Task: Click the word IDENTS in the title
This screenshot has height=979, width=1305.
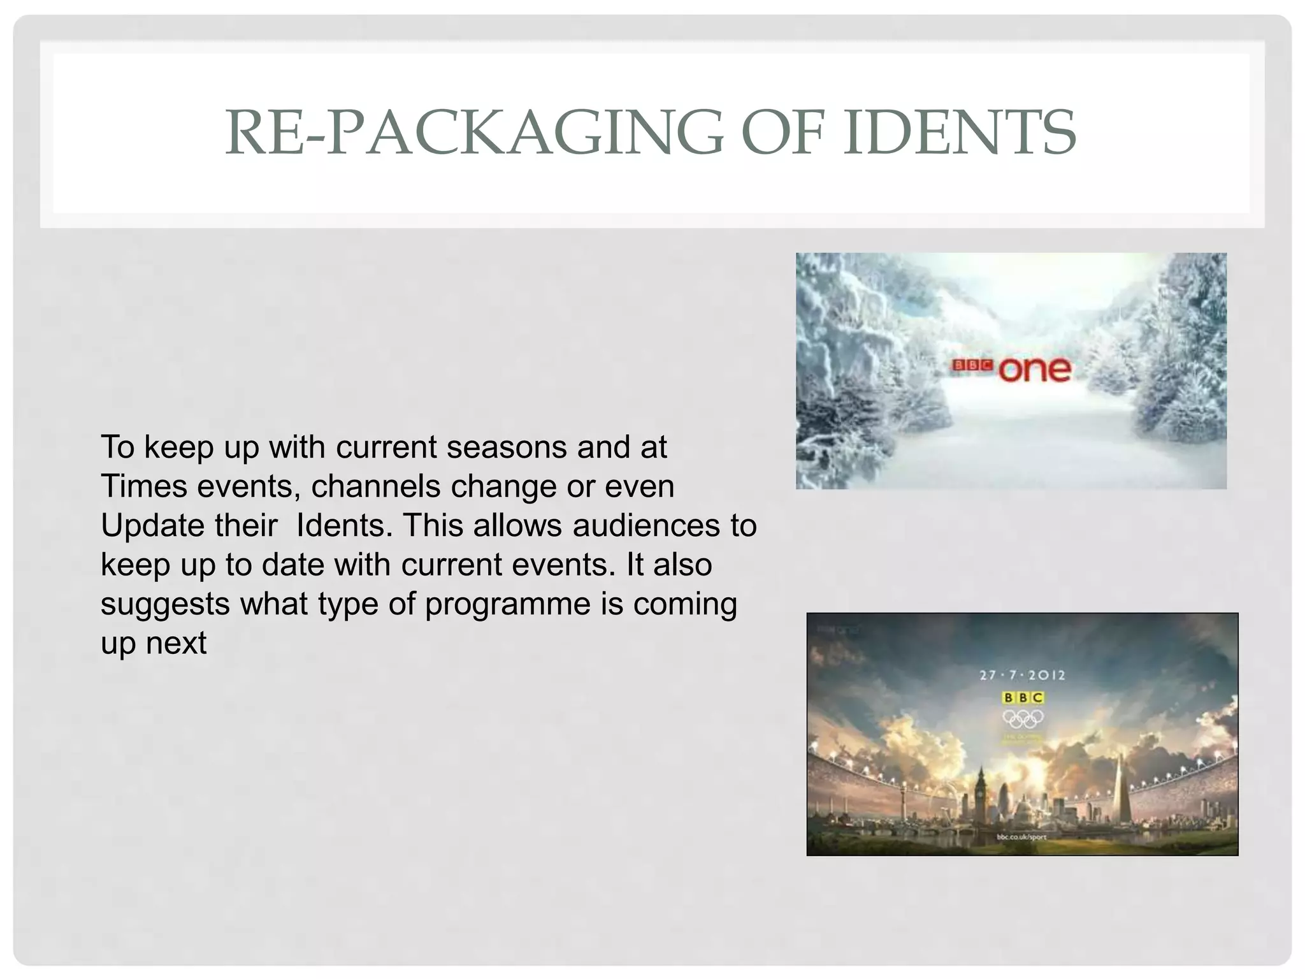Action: tap(960, 133)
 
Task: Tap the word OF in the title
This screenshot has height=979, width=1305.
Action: tap(783, 133)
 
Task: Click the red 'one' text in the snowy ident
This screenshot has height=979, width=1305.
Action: tap(1035, 370)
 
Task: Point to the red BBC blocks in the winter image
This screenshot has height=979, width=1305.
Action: tap(972, 366)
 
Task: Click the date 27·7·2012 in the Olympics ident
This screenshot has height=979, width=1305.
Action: tap(1022, 675)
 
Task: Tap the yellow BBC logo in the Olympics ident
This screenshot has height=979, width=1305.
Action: tap(1023, 698)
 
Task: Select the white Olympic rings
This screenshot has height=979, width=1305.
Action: tap(1023, 718)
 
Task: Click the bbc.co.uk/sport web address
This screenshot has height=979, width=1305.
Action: tap(1021, 837)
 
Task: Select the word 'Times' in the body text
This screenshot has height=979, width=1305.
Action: tap(144, 486)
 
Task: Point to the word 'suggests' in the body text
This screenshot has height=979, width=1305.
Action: tap(165, 604)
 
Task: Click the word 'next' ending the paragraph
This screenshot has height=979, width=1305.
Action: tap(176, 643)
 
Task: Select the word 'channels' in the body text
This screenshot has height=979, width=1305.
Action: tap(376, 486)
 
